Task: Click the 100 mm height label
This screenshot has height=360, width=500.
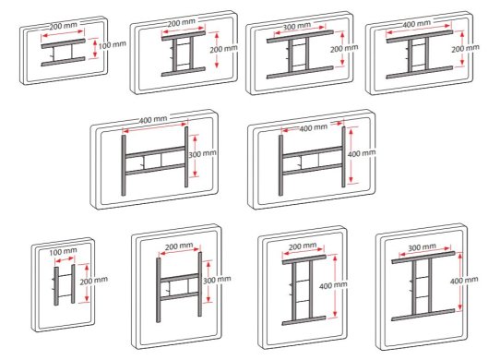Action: tap(112, 44)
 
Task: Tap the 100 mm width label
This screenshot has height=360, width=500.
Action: tap(63, 252)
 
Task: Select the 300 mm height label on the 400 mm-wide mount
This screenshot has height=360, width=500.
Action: tap(202, 154)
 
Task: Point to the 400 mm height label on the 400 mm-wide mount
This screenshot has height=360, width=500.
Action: tap(362, 153)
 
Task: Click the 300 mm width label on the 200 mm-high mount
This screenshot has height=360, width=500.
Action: tap(296, 26)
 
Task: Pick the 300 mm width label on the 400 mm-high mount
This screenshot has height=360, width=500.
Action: tap(422, 247)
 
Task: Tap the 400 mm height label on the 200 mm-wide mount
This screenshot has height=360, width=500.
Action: tap(333, 285)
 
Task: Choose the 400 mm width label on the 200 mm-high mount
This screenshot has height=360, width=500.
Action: tap(416, 24)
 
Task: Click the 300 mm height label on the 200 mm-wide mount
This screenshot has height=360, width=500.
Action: tap(217, 280)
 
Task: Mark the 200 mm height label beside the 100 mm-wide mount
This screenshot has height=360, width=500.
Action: tap(93, 281)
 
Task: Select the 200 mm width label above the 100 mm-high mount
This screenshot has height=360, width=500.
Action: tap(63, 26)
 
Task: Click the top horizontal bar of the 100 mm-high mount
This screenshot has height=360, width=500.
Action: tap(63, 43)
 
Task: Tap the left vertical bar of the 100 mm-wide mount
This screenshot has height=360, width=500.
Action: tap(56, 286)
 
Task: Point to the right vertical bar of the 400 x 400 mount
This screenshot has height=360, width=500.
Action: tap(343, 157)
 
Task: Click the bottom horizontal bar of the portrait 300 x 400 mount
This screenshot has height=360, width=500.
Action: tap(423, 315)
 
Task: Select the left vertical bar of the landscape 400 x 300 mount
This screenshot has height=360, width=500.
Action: tap(124, 165)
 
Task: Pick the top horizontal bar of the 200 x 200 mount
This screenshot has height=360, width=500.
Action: tap(184, 36)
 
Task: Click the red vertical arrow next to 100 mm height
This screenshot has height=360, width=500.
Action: tap(94, 48)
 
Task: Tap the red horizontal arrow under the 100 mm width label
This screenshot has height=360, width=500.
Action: tap(64, 259)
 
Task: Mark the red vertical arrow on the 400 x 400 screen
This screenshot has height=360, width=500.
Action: tap(351, 155)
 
